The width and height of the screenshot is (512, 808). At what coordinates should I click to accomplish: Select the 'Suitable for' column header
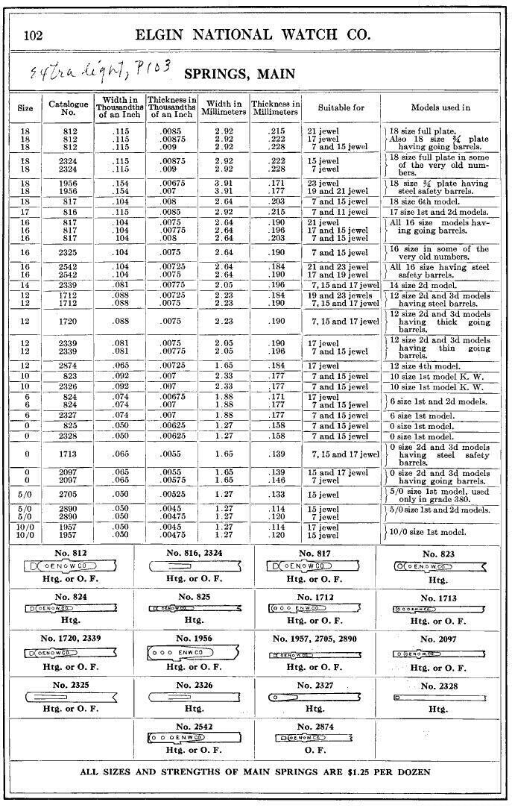pyautogui.click(x=341, y=107)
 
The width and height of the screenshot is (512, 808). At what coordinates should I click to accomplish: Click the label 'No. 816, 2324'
pyautogui.click(x=194, y=554)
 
